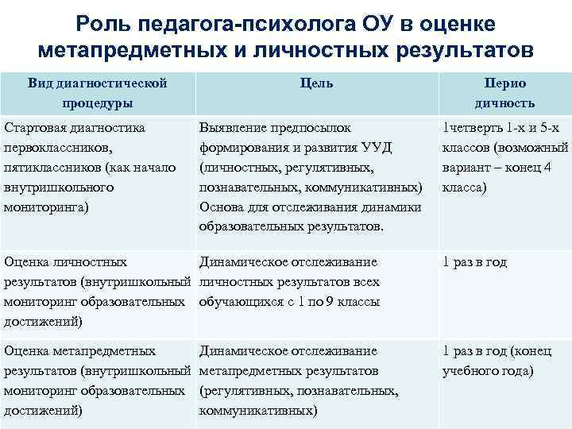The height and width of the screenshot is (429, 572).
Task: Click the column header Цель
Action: [317, 83]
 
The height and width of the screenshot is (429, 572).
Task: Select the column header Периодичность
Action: [504, 93]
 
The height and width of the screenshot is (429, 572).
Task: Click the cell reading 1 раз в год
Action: [474, 262]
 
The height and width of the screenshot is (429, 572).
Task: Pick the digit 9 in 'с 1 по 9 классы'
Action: [319, 302]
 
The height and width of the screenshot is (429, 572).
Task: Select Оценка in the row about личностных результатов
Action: [29, 262]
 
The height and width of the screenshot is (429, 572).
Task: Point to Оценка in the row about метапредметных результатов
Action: [29, 350]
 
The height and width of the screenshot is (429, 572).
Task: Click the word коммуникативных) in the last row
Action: [258, 411]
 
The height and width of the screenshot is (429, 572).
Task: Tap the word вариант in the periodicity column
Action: [465, 168]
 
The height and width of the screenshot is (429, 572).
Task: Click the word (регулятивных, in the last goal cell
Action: [246, 391]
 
